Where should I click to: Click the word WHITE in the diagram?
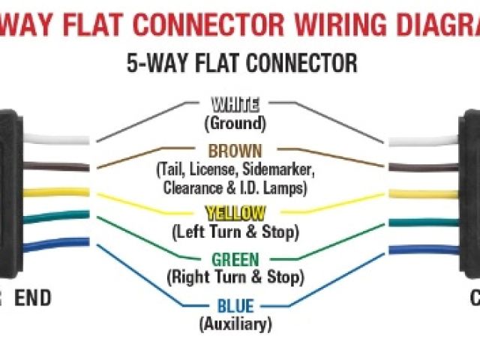(x=235, y=104)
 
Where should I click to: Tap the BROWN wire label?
(x=235, y=151)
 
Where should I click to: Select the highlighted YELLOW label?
(x=235, y=213)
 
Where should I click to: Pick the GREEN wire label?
(x=235, y=260)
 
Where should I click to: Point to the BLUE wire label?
(x=235, y=307)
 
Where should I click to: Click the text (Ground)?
(x=235, y=122)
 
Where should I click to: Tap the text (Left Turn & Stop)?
(x=235, y=231)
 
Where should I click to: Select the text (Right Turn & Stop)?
(x=235, y=277)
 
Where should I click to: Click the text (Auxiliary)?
(x=235, y=324)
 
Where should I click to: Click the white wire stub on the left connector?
(x=56, y=139)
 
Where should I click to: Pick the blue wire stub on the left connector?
(x=56, y=243)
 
